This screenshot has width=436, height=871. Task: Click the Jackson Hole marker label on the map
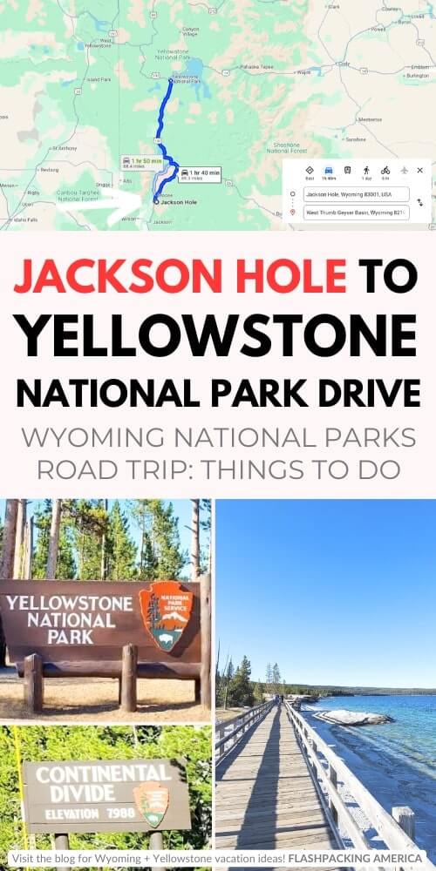tap(179, 201)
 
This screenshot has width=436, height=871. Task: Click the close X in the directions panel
tap(419, 171)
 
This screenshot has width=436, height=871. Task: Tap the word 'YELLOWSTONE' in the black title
tap(217, 334)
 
